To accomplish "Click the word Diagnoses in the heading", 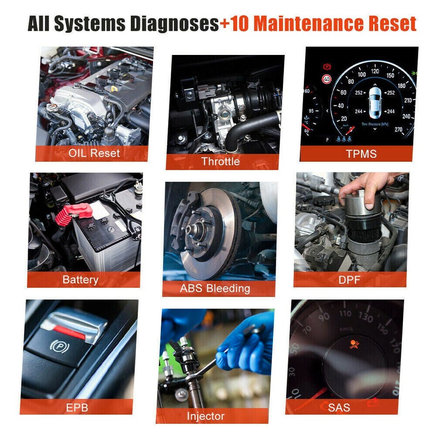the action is (174, 24).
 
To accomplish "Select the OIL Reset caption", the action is (94, 153).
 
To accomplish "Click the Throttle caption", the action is (221, 161).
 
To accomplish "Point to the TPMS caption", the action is (361, 154).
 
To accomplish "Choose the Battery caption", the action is (80, 280).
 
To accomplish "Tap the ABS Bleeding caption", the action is (215, 288).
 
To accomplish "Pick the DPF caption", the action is (349, 280).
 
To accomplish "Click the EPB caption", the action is (77, 408).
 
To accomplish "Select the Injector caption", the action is (206, 416).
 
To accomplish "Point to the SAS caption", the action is (339, 408).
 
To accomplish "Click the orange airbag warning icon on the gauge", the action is (354, 344).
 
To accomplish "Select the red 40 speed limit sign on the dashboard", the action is (327, 79).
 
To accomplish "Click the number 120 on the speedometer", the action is (375, 71).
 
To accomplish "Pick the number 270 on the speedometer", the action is (398, 129).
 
